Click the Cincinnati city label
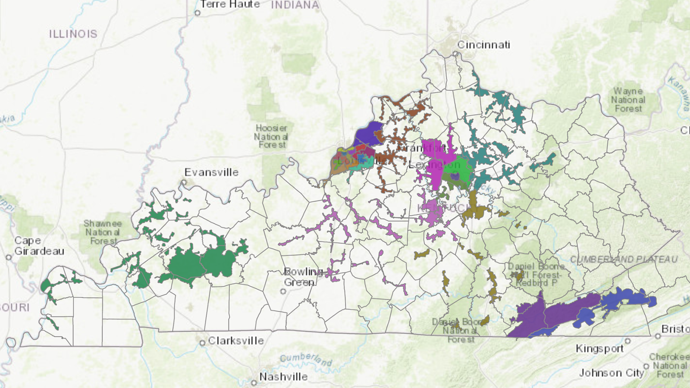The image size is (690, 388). pos(483,45)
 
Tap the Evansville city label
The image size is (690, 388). pos(211,172)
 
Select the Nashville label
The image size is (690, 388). pos(283,377)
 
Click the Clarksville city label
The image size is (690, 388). pos(236,341)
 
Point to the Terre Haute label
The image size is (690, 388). pos(230,4)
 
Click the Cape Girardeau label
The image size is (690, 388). pos(39,246)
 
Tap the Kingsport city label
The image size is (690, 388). pos(599,348)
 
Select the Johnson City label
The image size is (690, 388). pos(611,373)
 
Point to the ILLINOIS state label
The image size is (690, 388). pos(73,34)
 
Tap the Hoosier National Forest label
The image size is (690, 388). pos(272,136)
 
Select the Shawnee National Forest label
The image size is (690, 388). pos(103,232)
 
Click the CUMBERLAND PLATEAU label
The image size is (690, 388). pos(624,260)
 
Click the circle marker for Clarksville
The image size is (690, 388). pos(202,343)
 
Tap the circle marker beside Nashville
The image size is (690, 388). pos(254,382)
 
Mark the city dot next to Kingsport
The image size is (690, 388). pos(628,341)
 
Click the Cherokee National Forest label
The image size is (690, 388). pos(669,366)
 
